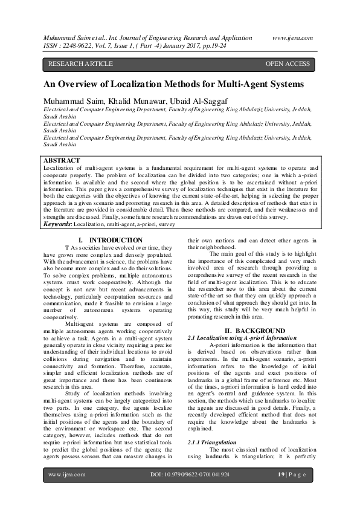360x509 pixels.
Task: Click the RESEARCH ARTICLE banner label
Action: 80,63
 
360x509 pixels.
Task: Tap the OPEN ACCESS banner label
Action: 288,63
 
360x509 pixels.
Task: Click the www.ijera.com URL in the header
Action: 293,37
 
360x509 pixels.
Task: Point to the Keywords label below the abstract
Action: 59,224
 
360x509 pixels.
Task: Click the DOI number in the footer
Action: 189,475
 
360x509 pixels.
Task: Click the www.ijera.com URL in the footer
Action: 65,475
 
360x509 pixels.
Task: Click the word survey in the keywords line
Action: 167,224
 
